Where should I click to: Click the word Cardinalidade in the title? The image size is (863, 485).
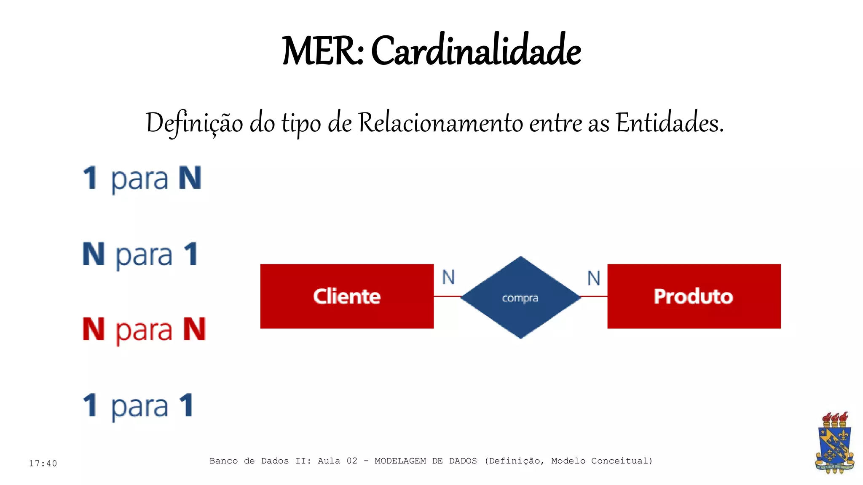(476, 51)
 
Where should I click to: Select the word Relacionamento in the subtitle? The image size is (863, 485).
(440, 123)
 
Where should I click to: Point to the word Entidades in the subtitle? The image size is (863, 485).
(669, 123)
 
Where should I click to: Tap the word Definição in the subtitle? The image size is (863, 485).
(194, 124)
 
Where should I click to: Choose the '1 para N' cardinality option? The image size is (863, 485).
(142, 179)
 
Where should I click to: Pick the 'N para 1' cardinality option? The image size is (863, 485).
(140, 254)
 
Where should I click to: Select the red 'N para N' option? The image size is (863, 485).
(144, 330)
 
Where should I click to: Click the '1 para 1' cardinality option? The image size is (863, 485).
(138, 406)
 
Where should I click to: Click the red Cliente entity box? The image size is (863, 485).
(347, 296)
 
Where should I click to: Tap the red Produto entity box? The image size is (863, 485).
(694, 296)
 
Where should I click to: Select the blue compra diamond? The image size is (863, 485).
(520, 297)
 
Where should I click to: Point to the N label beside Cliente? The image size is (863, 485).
(448, 277)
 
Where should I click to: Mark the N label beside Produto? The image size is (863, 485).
(594, 278)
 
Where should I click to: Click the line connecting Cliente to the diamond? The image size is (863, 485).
(447, 296)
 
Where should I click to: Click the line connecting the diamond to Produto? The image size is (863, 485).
(594, 296)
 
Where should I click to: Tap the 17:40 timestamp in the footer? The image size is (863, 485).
(43, 464)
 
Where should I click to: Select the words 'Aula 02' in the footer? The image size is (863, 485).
(337, 461)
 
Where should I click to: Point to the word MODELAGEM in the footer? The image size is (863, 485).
(400, 461)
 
